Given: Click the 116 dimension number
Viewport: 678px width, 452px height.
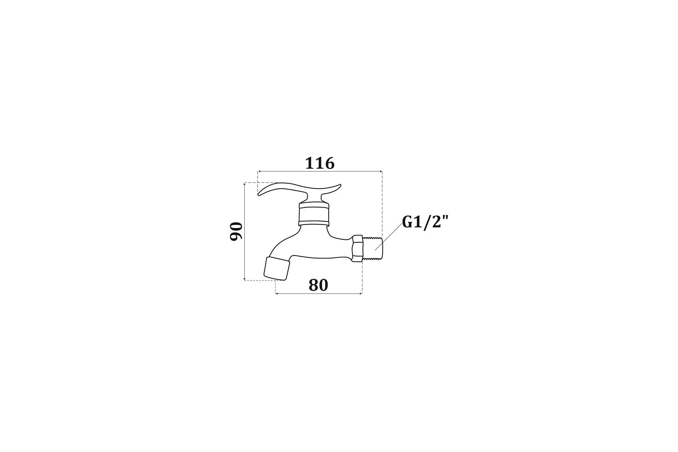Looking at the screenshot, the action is (x=320, y=163).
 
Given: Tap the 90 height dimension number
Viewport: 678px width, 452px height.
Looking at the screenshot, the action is (x=236, y=231).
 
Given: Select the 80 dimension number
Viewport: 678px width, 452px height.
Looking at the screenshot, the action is (x=318, y=285).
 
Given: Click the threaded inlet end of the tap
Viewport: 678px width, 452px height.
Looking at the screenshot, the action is (x=373, y=248).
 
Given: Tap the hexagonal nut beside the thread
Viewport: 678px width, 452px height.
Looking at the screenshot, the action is (x=357, y=248).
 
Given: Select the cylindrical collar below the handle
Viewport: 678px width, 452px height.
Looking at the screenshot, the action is (x=314, y=214).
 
